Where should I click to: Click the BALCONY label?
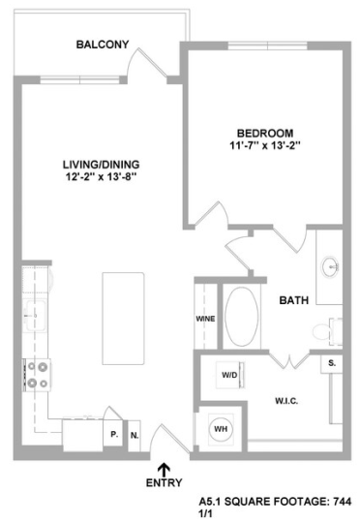pos(103,44)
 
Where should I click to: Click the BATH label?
pos(294,300)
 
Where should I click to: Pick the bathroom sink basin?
pos(329,265)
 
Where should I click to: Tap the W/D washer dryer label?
pos(231,375)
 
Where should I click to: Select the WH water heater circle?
pos(220,427)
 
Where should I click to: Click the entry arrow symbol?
pos(164,469)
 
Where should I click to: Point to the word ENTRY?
pos(163,483)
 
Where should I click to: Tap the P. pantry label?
pos(113,435)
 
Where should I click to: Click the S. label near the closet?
pos(331,363)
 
